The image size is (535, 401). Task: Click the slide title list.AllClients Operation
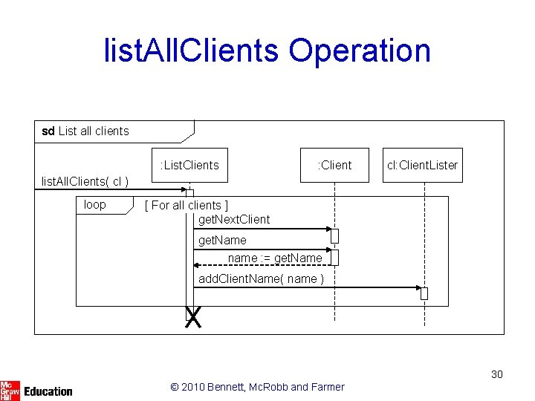[x=267, y=50]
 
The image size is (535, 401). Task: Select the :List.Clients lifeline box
[x=189, y=165]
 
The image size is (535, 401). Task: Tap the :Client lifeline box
[x=334, y=165]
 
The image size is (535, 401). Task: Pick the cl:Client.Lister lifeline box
[x=422, y=165]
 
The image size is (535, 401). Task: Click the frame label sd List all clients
[x=85, y=131]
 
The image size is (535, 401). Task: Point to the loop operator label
[x=95, y=205]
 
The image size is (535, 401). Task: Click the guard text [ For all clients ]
[x=187, y=205]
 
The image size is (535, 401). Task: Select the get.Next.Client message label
[x=234, y=219]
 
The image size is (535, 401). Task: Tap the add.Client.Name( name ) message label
[x=261, y=278]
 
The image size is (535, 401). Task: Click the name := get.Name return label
[x=275, y=258]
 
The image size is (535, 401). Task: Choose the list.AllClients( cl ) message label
[x=85, y=182]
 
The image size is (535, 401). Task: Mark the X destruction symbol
[x=193, y=319]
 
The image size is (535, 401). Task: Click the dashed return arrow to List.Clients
[x=260, y=264]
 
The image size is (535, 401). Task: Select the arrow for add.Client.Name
[x=305, y=287]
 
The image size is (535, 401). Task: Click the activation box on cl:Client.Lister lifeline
[x=424, y=293]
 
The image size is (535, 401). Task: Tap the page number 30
[x=496, y=374]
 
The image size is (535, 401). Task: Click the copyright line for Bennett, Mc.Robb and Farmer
[x=257, y=386]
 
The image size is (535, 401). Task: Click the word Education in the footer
[x=48, y=391]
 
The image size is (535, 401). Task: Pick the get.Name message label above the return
[x=222, y=240]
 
